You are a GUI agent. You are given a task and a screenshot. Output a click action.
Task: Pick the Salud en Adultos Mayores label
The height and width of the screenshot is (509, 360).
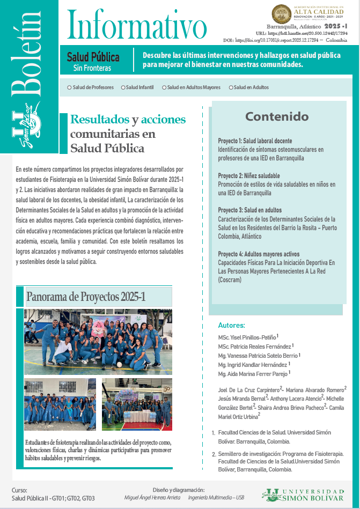[x=194, y=87]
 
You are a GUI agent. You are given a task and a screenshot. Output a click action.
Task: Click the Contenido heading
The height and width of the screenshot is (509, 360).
[x=277, y=116]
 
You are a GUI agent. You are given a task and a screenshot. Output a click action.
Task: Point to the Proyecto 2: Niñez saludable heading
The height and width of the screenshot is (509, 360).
[x=249, y=176]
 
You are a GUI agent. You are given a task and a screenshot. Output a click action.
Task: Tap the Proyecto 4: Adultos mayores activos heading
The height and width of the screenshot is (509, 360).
[x=259, y=254]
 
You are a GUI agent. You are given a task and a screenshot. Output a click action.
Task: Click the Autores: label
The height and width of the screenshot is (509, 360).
[x=231, y=326]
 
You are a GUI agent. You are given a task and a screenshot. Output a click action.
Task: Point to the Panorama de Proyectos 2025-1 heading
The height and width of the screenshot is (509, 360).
[x=86, y=297]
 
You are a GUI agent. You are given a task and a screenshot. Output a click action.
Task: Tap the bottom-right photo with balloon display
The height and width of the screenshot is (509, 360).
[x=137, y=404]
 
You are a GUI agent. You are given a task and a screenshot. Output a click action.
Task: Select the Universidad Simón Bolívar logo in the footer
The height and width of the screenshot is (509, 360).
[x=303, y=495]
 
